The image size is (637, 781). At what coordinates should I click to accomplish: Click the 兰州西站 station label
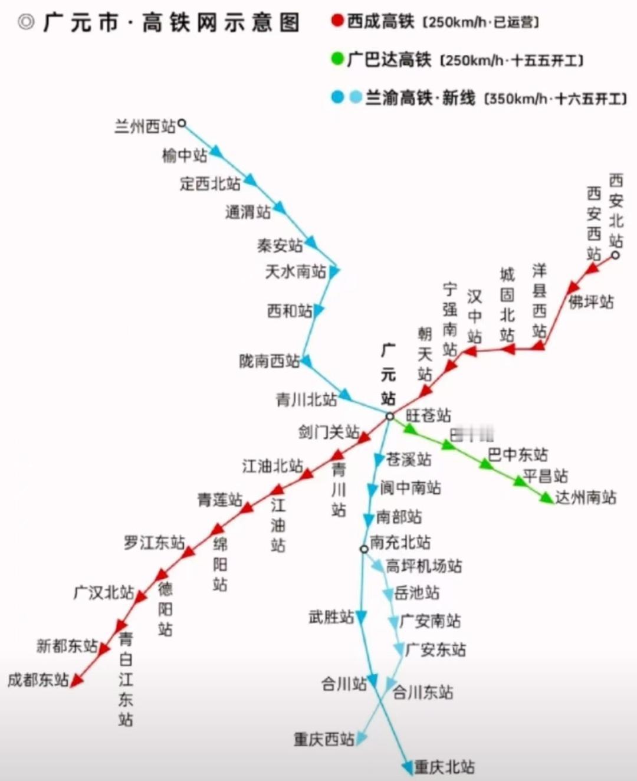[x=145, y=126]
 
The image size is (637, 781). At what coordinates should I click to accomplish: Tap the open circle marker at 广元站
[x=390, y=416]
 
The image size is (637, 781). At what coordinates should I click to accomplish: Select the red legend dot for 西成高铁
[x=337, y=21]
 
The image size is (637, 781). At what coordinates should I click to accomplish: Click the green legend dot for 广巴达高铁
[x=337, y=59]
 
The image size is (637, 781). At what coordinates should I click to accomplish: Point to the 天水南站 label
[x=295, y=272]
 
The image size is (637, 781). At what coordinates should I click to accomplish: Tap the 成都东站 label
[x=38, y=680]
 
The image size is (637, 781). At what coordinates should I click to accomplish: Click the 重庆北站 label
[x=444, y=767]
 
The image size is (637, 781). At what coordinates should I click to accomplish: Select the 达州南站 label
[x=586, y=497]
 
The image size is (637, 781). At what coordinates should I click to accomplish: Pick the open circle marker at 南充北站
[x=364, y=549]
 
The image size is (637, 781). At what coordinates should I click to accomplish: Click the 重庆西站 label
[x=324, y=739]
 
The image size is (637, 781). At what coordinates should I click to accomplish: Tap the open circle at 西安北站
[x=615, y=255]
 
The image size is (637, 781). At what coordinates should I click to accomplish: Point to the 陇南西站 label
[x=270, y=361]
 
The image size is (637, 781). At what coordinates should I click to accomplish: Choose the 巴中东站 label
[x=518, y=455]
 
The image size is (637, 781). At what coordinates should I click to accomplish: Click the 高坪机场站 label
[x=424, y=566]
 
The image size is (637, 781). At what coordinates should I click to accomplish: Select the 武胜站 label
[x=331, y=618]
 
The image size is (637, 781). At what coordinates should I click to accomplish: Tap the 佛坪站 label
[x=591, y=302]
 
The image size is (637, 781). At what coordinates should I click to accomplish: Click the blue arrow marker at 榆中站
[x=216, y=152]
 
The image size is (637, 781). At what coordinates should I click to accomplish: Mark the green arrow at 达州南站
[x=546, y=498]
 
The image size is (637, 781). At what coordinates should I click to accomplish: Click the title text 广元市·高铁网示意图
[x=171, y=23]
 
